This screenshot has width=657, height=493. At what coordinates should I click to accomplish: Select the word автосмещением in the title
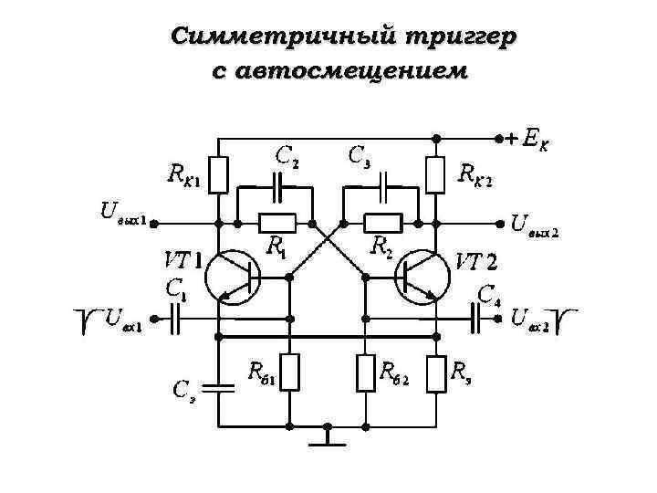tap(339, 69)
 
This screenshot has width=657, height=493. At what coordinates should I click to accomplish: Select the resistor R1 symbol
tap(276, 222)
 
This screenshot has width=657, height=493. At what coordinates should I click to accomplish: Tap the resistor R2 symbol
tap(382, 222)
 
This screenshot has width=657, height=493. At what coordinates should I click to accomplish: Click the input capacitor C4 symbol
tap(477, 318)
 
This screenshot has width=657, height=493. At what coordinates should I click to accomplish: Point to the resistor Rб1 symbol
tap(289, 372)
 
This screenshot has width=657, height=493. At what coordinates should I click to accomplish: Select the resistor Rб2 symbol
tap(364, 372)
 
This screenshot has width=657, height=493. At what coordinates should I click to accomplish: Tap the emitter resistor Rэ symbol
tap(436, 372)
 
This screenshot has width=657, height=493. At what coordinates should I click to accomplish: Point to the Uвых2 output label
tap(534, 224)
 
